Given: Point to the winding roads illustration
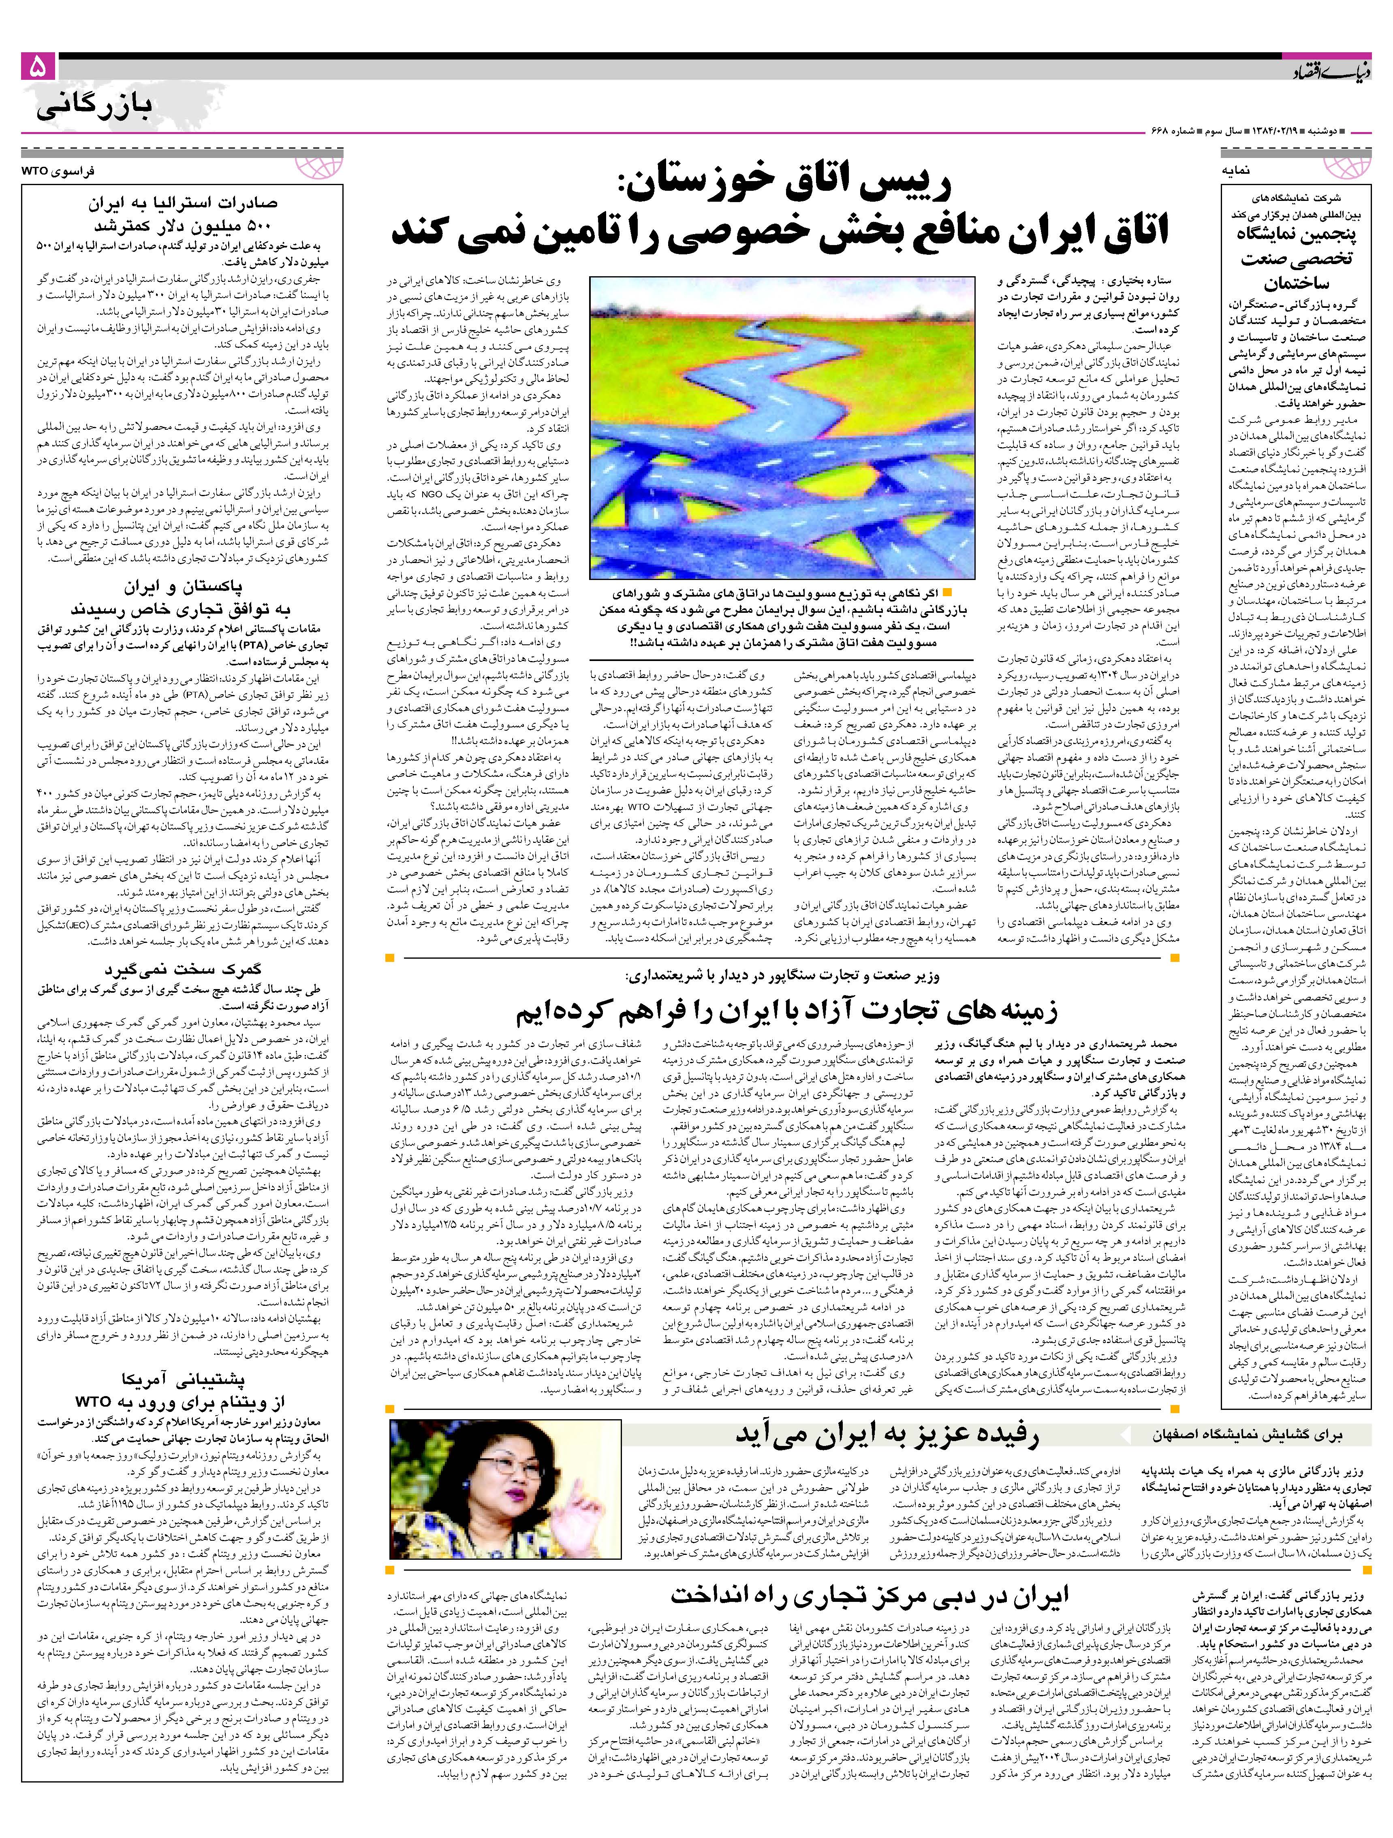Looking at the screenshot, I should point(781,428).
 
